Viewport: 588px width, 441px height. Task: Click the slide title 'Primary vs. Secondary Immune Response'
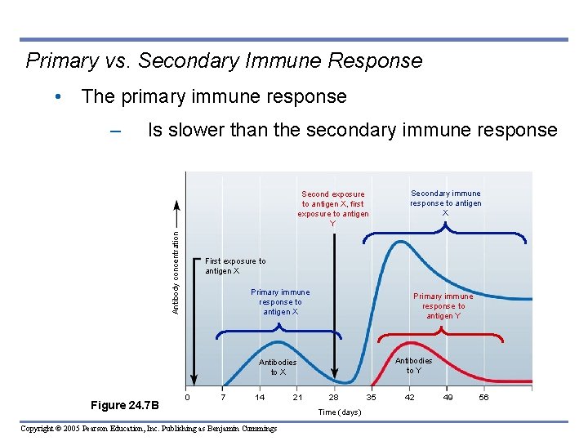click(224, 61)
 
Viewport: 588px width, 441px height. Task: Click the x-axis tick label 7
click(224, 398)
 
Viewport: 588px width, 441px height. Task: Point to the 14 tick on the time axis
click(260, 398)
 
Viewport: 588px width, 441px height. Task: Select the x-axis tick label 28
click(333, 398)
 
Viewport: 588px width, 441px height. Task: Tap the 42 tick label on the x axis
click(410, 398)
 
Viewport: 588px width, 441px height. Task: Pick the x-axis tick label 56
click(483, 398)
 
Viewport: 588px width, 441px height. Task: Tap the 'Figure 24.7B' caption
click(126, 406)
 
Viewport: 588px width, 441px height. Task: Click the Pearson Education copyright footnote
click(149, 429)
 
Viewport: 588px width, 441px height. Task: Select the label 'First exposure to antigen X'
click(235, 266)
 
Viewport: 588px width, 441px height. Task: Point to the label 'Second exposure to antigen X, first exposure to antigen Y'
click(333, 209)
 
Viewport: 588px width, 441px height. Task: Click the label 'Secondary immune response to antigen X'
click(445, 203)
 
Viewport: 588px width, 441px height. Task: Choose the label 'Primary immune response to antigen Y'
click(443, 306)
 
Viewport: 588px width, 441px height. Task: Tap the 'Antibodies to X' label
click(278, 367)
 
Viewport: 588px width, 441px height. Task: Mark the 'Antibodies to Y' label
click(414, 365)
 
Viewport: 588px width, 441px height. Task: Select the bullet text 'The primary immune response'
click(214, 96)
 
